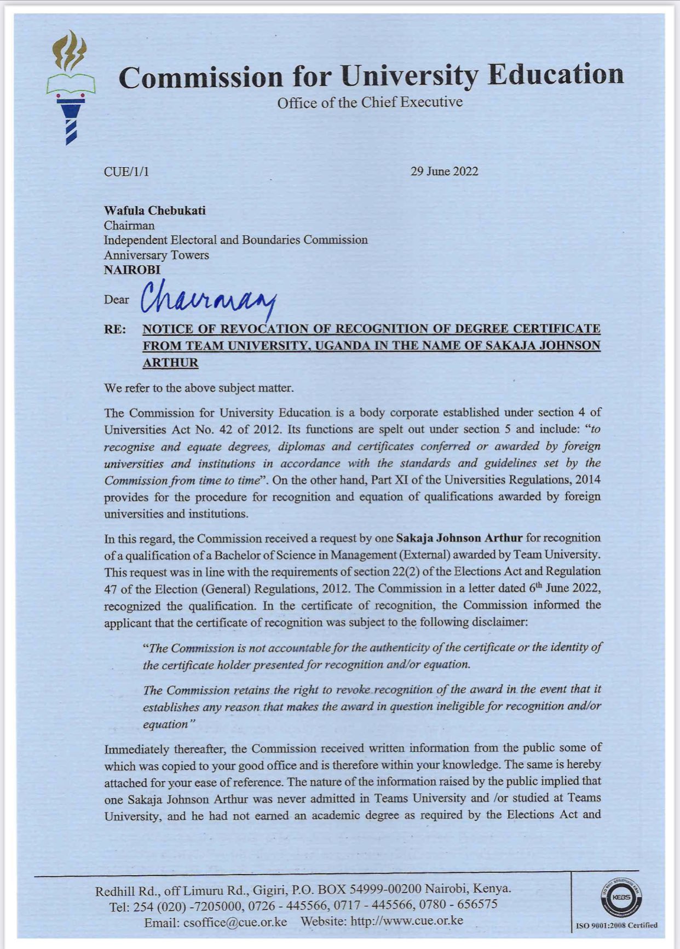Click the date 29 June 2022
click(x=444, y=171)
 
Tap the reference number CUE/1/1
click(x=126, y=172)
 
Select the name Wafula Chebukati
click(x=155, y=211)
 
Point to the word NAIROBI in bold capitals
click(x=132, y=270)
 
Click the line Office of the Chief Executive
click(x=370, y=102)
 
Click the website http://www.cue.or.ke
click(x=406, y=921)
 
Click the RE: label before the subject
click(x=115, y=329)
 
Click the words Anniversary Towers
click(x=156, y=255)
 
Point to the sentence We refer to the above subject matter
click(x=199, y=388)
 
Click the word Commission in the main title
click(x=200, y=77)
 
